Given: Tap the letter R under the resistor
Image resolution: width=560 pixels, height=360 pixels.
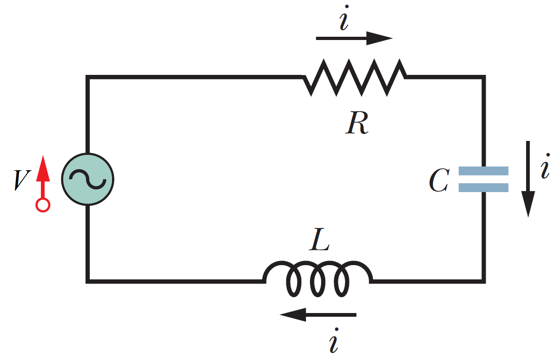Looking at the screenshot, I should click(x=357, y=123).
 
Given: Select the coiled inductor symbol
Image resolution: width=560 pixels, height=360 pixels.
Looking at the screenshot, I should click(x=318, y=279).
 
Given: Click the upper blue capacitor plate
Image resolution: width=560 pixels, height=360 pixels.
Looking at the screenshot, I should click(x=483, y=171).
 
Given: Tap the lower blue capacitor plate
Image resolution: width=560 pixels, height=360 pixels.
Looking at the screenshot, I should click(x=483, y=187).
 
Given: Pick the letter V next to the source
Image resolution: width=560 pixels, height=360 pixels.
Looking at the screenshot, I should click(x=21, y=180).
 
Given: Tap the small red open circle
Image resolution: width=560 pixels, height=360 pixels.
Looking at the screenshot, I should click(x=43, y=205).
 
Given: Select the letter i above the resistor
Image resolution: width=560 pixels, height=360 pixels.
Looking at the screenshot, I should click(x=343, y=21).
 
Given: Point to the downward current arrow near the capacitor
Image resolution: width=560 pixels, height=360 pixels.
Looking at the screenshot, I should click(x=528, y=179).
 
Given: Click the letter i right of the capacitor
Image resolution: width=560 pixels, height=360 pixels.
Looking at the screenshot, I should click(x=545, y=170).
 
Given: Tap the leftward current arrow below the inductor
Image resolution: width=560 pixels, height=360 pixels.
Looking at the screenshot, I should click(x=318, y=315).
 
